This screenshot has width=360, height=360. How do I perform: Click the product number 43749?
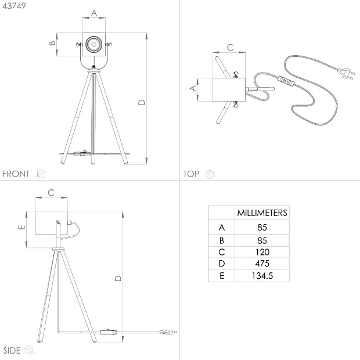(x=14, y=6)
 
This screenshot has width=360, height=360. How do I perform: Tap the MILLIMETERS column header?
(x=262, y=213)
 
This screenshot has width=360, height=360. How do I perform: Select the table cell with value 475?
(x=262, y=264)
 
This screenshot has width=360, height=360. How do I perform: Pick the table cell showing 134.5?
(x=262, y=275)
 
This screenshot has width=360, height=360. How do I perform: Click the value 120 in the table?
(x=262, y=252)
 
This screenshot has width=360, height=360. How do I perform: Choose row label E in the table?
(x=222, y=275)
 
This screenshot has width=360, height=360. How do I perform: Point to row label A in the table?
(x=222, y=228)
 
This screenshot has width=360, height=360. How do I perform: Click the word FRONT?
(x=16, y=174)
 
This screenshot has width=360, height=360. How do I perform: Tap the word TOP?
(x=191, y=174)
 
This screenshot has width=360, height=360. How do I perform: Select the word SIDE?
(x=12, y=351)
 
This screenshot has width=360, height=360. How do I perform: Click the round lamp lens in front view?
(x=93, y=44)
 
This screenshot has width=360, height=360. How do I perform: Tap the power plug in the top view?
(x=345, y=74)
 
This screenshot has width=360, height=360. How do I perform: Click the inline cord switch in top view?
(x=286, y=81)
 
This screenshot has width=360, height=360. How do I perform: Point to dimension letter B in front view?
(x=52, y=43)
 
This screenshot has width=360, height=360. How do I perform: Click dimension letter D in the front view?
(x=142, y=102)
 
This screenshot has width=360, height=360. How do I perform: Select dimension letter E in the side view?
(x=21, y=227)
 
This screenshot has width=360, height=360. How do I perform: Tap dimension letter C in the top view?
(x=230, y=47)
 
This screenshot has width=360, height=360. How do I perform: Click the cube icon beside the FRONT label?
(x=41, y=174)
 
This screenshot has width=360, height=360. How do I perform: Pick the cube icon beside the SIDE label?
(x=30, y=350)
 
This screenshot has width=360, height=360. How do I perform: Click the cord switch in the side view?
(x=109, y=332)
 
